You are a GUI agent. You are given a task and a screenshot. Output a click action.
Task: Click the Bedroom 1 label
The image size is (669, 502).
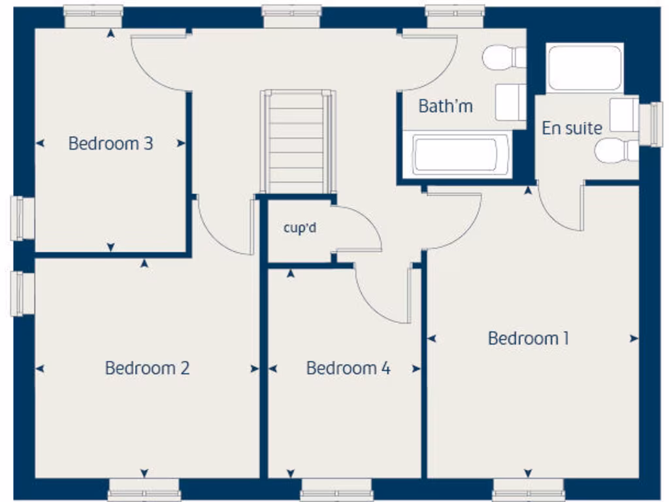coord(528,339)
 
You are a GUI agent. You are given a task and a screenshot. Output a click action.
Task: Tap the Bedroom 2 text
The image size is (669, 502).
coord(147,368)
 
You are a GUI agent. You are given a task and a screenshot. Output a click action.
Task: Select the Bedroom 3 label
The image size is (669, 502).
coord(110,143)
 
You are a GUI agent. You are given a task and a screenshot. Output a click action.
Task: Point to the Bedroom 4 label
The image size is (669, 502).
coord(348,369)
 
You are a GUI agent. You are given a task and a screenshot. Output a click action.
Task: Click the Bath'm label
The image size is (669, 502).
coord(446,106)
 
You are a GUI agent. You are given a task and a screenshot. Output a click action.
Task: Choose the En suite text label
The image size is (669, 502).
coord(572,128)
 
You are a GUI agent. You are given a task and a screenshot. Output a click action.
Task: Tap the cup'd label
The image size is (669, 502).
coord(300,228)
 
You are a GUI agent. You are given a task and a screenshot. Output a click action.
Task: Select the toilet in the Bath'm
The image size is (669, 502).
coord(504,57)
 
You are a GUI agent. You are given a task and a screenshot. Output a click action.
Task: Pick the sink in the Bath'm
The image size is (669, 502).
coord(510,102)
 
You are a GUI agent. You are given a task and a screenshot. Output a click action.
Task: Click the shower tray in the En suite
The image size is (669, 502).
coord(584,67)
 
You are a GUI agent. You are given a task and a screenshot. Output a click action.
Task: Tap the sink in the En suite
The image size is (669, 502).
coord(624,114)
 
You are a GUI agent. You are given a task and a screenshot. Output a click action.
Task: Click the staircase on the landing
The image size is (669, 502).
coord(297,141)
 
